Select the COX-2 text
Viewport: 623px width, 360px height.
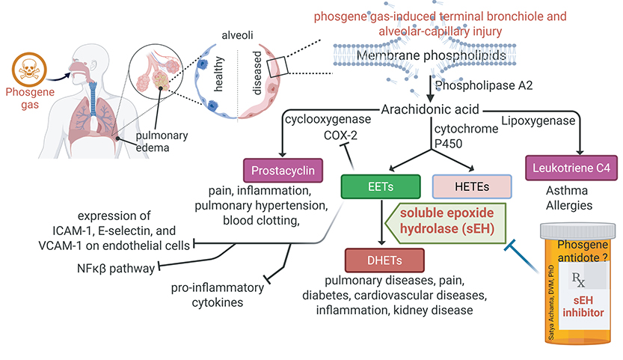click(337, 135)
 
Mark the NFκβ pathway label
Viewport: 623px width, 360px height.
click(114, 266)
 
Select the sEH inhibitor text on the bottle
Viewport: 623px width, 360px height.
click(582, 305)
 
